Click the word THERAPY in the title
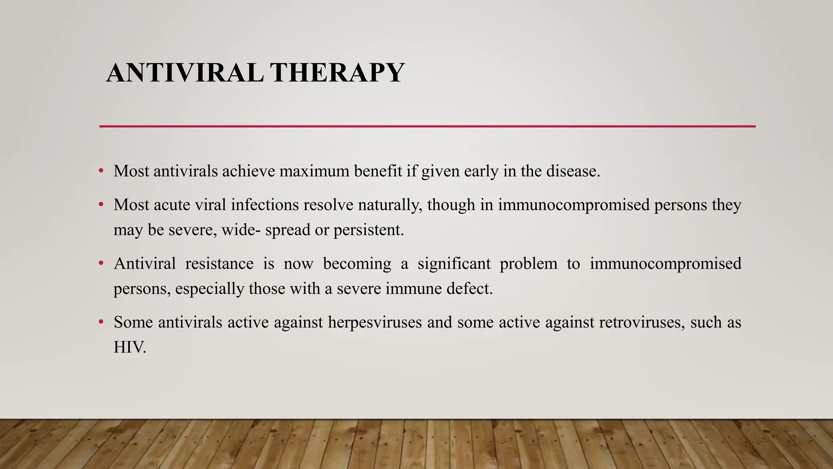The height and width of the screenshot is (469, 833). point(337,73)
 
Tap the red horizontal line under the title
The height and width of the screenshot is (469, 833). point(427,127)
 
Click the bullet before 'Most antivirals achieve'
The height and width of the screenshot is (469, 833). point(101,171)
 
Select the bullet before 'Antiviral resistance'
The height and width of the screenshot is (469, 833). point(101,263)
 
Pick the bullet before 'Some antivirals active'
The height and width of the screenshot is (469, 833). point(101,322)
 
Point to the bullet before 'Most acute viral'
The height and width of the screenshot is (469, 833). point(101,204)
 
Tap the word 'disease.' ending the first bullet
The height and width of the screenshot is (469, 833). point(573,171)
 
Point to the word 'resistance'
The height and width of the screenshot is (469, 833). point(219,264)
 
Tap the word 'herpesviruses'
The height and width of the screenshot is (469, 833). point(375,322)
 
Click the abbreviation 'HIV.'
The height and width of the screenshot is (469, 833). point(130,347)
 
